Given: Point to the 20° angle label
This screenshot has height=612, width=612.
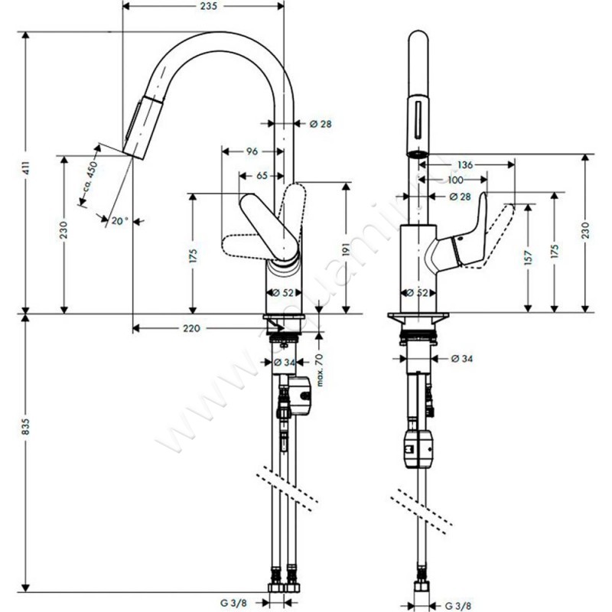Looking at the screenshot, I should pyautogui.click(x=119, y=221).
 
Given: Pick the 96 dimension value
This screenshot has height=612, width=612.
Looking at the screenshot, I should pyautogui.click(x=251, y=151).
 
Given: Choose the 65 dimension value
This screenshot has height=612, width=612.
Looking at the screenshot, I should pyautogui.click(x=261, y=176).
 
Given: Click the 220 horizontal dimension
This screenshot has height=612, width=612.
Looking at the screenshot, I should pyautogui.click(x=191, y=329).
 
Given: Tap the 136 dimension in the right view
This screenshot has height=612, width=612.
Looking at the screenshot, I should pyautogui.click(x=464, y=164).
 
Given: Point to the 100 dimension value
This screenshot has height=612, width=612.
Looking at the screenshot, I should pyautogui.click(x=455, y=181).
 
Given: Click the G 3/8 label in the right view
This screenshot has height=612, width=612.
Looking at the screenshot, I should pyautogui.click(x=458, y=601).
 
